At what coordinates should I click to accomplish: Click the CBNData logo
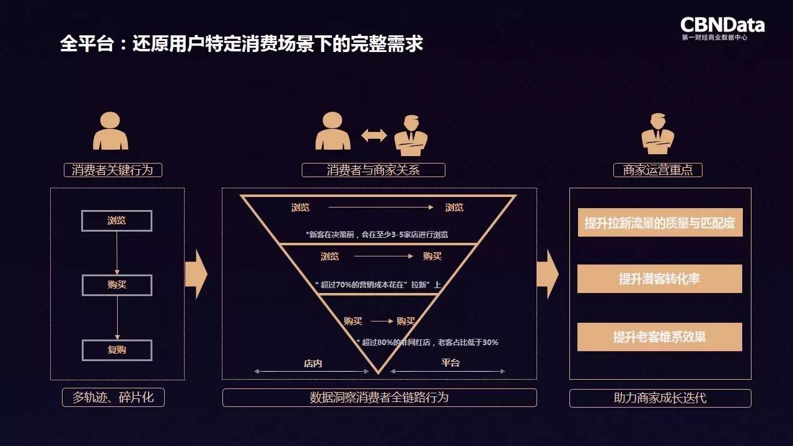point(722,27)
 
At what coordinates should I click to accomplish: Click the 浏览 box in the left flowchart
point(116,221)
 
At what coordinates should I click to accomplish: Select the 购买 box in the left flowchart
point(116,285)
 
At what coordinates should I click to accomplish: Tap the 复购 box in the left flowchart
point(116,350)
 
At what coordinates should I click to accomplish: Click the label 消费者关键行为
point(112,170)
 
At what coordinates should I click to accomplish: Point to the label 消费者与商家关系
point(373,170)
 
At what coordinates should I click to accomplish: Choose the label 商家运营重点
point(657,170)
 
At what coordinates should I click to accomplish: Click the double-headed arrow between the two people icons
point(374,135)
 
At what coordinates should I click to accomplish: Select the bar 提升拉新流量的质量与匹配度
point(660,222)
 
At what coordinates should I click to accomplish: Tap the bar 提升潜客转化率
point(660,279)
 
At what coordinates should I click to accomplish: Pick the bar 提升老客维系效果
point(660,337)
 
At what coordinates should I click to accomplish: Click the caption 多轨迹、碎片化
point(113,398)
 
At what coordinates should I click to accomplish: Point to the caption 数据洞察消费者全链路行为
point(379,398)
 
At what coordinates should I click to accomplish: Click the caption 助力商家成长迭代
point(660,398)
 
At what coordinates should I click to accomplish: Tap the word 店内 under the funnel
point(313,364)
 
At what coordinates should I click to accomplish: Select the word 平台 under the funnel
point(450,362)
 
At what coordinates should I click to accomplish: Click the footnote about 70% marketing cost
point(378,284)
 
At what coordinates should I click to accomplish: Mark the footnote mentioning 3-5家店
point(377,235)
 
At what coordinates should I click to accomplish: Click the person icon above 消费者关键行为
point(110,131)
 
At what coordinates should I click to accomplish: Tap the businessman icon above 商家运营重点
point(657,133)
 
